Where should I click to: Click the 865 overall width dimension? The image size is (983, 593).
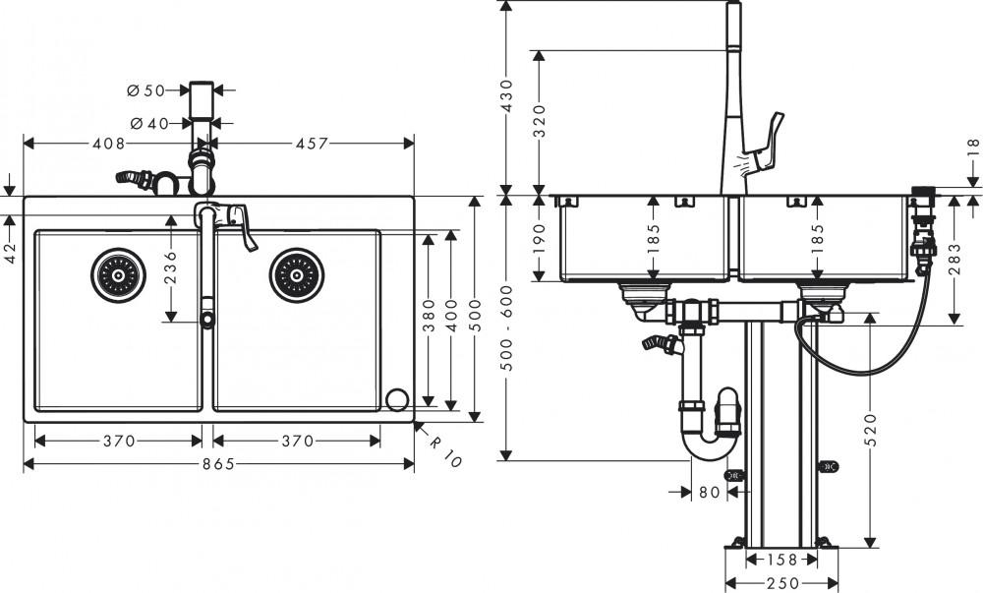pyautogui.click(x=218, y=464)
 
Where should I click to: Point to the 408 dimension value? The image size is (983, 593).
pyautogui.click(x=108, y=144)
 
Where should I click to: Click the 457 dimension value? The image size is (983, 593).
pyautogui.click(x=311, y=144)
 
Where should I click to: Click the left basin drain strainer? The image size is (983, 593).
pyautogui.click(x=116, y=274)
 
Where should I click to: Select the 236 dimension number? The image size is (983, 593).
pyautogui.click(x=170, y=267)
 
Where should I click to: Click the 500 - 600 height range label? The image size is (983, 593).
pyautogui.click(x=507, y=326)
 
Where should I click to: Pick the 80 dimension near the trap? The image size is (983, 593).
pyautogui.click(x=708, y=492)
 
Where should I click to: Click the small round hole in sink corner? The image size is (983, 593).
pyautogui.click(x=397, y=399)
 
